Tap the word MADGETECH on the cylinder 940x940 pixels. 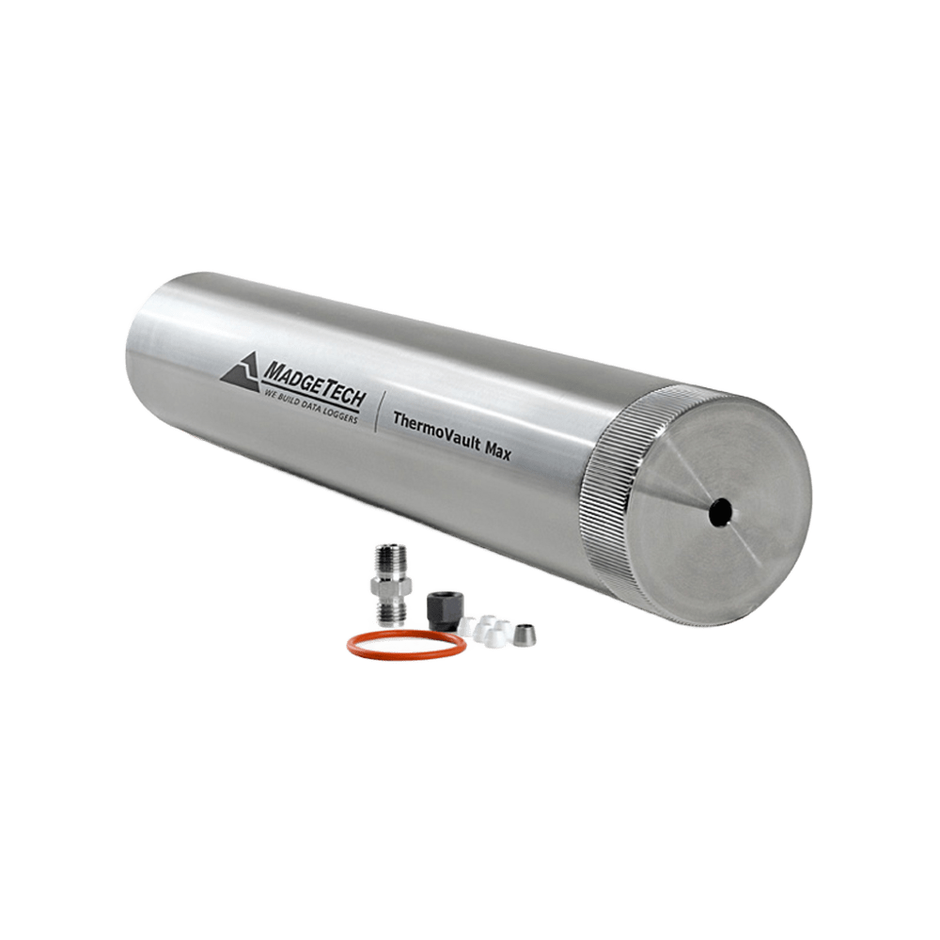pyautogui.click(x=315, y=384)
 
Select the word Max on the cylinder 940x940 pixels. pyautogui.click(x=498, y=451)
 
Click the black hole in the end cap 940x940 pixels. pyautogui.click(x=720, y=512)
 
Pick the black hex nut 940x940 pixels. pyautogui.click(x=442, y=610)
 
